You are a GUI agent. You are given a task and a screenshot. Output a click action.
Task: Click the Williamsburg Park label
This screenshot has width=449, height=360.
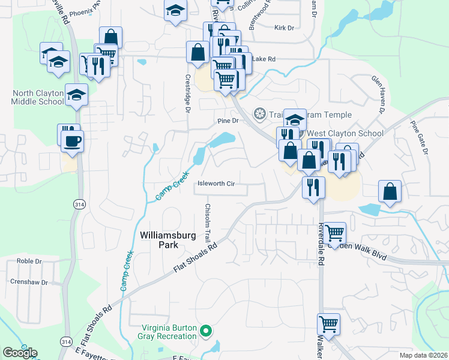coord(167,241)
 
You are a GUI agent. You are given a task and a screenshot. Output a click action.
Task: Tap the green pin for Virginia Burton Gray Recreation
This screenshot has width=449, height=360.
coord(206,329)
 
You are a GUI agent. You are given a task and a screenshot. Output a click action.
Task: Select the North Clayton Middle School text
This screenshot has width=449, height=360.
coord(37,97)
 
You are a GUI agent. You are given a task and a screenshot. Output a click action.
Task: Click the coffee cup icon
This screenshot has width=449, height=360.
coord(73,142)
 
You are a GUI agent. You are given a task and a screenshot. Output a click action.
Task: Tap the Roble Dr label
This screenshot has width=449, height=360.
coord(29,262)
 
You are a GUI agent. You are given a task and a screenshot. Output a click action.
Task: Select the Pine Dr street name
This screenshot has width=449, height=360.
coord(228,121)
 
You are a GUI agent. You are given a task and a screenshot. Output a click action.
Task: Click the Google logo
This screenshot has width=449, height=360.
coord(20,353)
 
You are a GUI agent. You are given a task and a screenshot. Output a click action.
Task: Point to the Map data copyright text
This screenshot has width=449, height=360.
coord(424,355)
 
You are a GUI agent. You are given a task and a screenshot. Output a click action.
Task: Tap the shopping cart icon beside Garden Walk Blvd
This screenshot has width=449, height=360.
coord(335,232)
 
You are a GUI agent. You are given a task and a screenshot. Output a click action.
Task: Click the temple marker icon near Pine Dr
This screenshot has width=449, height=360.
coord(260,113)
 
